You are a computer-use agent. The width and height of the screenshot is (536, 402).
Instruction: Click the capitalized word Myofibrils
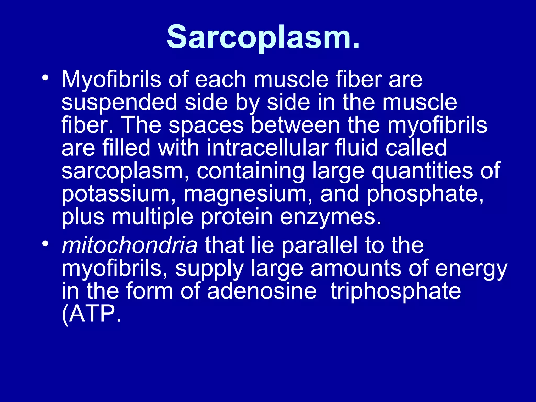[x=111, y=80]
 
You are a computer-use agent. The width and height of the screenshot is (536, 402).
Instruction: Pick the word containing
[x=250, y=171]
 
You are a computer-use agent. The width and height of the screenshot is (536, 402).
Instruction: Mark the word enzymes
[x=331, y=217]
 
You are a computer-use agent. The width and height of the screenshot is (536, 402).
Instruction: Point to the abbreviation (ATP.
[x=92, y=314]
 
